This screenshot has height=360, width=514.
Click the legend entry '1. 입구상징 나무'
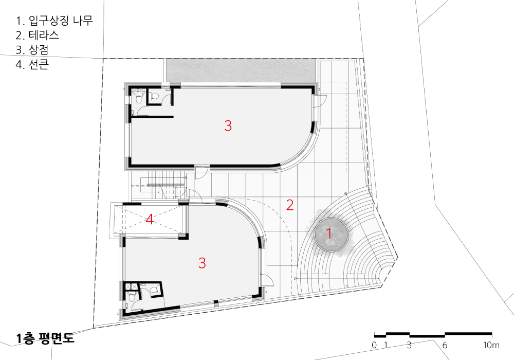tap(54, 21)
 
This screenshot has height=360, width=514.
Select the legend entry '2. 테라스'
tap(38, 35)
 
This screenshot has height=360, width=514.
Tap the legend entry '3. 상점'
tap(32, 49)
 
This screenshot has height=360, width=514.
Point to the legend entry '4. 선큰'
tap(32, 64)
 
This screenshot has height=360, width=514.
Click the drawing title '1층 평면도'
tap(46, 338)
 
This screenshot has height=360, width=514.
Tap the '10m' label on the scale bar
tap(491, 345)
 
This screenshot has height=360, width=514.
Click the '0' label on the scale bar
tap(374, 345)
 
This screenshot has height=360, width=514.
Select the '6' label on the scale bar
tap(445, 345)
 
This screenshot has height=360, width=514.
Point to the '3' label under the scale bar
tap(409, 345)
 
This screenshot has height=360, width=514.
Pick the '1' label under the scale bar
tap(386, 345)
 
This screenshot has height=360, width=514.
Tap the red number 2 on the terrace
tap(290, 205)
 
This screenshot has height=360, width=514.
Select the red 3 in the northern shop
tap(228, 125)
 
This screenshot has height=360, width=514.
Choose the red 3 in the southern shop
tap(202, 263)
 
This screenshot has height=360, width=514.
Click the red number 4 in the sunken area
tap(150, 220)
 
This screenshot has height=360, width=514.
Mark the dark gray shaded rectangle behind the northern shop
tap(241, 70)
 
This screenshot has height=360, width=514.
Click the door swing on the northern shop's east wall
tap(321, 101)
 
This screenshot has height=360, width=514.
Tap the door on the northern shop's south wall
tap(201, 172)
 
